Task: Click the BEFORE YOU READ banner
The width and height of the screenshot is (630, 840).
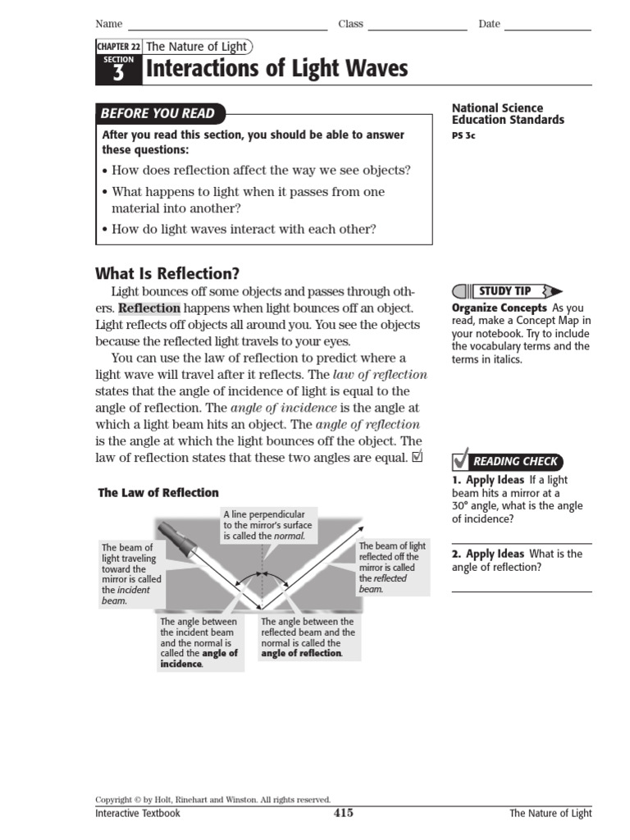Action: click(157, 114)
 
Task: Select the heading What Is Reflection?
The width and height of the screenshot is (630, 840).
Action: click(167, 274)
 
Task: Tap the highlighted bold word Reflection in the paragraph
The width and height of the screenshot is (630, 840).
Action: click(149, 308)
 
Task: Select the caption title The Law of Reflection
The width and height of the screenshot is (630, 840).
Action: click(158, 493)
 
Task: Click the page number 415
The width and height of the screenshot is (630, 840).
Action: click(343, 813)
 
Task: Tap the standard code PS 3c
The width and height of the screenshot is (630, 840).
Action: click(463, 136)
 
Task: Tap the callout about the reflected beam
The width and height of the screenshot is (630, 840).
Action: click(392, 567)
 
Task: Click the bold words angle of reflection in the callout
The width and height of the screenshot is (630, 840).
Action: click(301, 654)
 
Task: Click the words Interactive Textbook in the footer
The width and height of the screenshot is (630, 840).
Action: click(137, 814)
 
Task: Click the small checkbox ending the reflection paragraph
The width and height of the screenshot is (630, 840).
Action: click(418, 457)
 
